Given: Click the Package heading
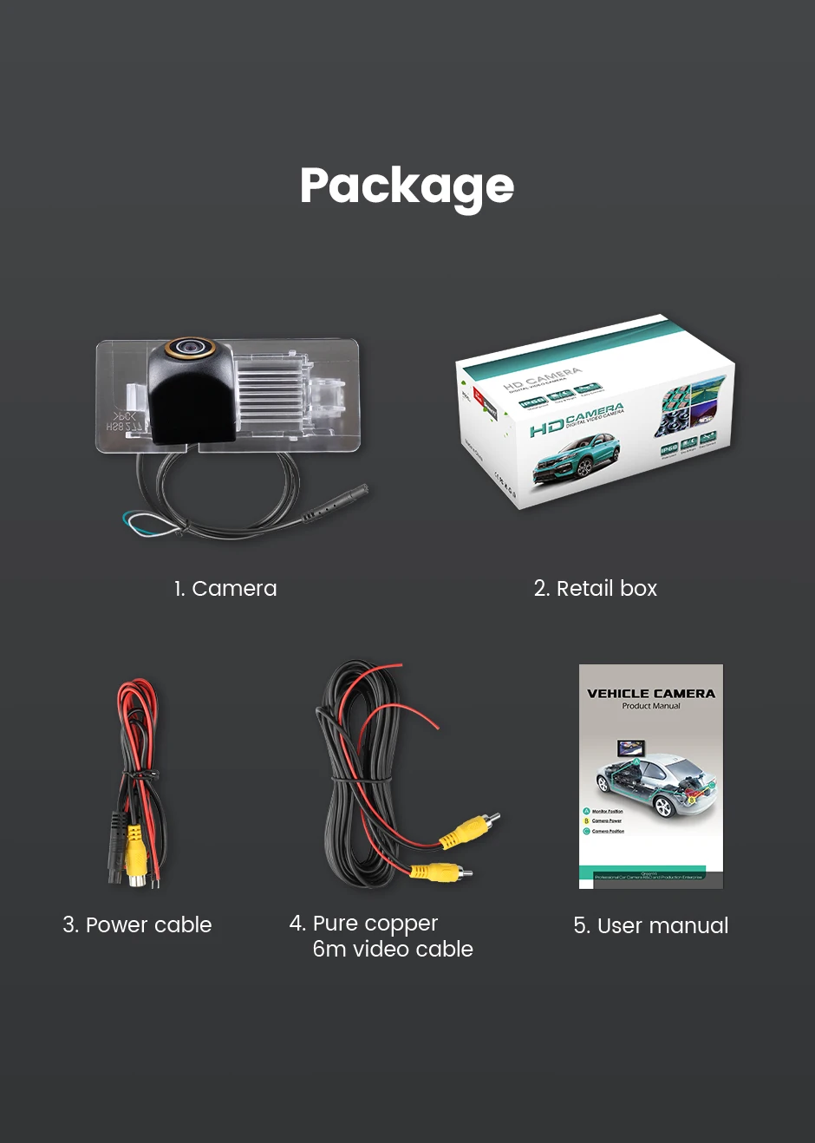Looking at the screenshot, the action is (x=407, y=186).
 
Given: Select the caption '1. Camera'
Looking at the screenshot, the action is (x=225, y=589).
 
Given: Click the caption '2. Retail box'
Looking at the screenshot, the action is (x=596, y=589).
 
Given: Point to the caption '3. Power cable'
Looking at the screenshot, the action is (x=137, y=925).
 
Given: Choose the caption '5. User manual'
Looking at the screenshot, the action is (x=650, y=926).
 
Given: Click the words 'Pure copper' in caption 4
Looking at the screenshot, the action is (x=375, y=924).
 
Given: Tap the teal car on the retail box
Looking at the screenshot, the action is (x=576, y=459).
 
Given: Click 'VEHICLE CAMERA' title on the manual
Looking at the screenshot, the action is (x=651, y=694).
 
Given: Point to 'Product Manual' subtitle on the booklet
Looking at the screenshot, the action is (x=651, y=707).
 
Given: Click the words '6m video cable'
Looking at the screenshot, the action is (x=393, y=950).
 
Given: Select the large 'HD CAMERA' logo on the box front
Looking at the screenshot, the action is (x=577, y=419).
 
